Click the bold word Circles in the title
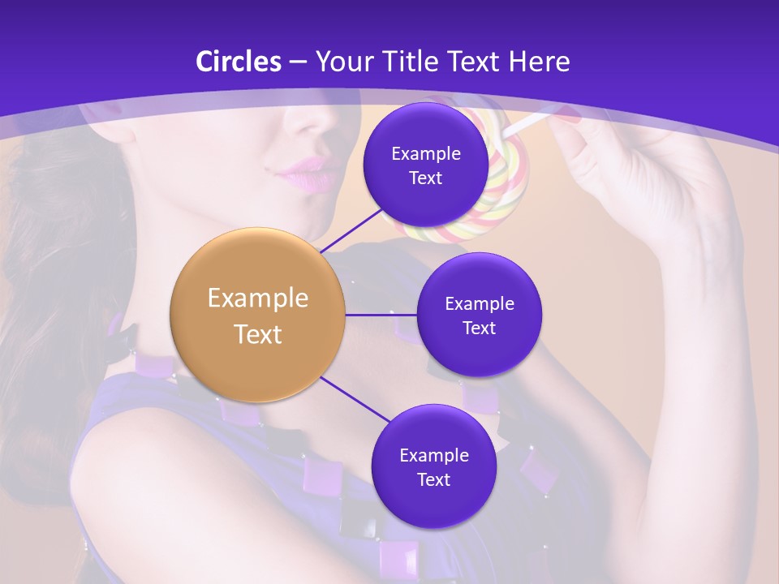click(x=239, y=62)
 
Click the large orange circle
click(x=258, y=315)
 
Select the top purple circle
click(x=425, y=165)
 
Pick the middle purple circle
click(x=479, y=315)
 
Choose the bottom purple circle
click(x=433, y=466)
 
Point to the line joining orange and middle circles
click(x=381, y=315)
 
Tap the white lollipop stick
click(x=527, y=124)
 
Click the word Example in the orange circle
click(x=258, y=298)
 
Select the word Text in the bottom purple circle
click(x=433, y=479)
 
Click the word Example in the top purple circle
click(x=425, y=153)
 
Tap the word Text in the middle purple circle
click(x=479, y=328)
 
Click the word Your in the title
click(x=342, y=62)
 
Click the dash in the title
click(x=298, y=62)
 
